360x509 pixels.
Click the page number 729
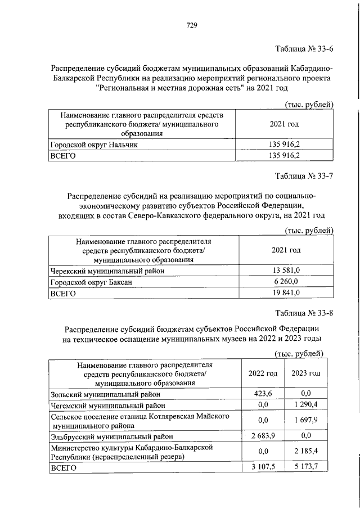(191, 25)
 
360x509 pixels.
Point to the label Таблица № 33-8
(304, 313)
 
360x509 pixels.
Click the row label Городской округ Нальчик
(94, 145)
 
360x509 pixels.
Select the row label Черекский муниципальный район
(107, 271)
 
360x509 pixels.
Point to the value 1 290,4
(306, 405)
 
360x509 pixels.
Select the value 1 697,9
(306, 420)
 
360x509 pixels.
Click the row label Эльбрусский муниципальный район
(111, 436)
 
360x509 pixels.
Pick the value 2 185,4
(306, 452)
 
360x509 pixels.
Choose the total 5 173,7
(306, 467)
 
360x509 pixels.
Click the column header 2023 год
(306, 373)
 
